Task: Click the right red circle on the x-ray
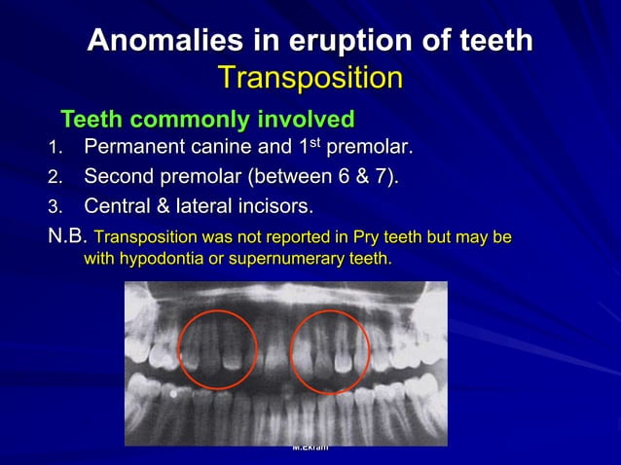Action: pyautogui.click(x=330, y=351)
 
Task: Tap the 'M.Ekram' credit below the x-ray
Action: pyautogui.click(x=310, y=447)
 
